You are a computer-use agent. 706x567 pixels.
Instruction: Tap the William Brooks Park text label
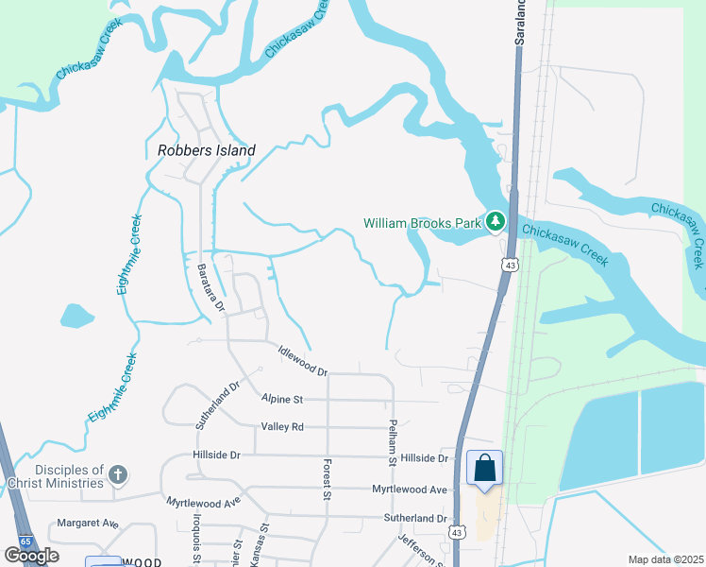click(x=423, y=224)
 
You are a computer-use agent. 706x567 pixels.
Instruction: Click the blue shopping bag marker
click(x=484, y=468)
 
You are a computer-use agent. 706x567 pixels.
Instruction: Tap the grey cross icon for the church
click(x=117, y=474)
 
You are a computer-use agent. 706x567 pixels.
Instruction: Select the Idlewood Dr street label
click(x=302, y=359)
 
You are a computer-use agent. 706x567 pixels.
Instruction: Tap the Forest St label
click(x=328, y=481)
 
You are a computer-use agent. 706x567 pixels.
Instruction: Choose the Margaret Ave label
click(x=88, y=523)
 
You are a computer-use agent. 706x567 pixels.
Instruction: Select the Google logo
click(x=31, y=556)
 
